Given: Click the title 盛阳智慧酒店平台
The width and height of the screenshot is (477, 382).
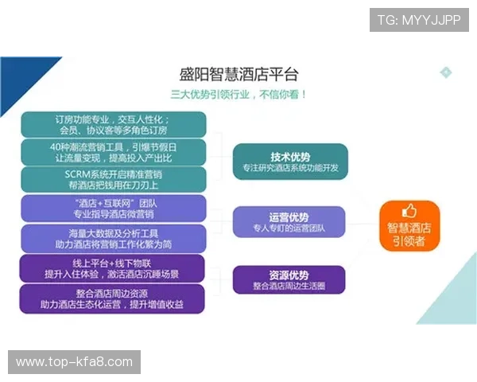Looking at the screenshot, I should pos(238,75).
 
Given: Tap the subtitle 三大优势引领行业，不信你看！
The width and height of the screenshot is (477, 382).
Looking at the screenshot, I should pos(238,94).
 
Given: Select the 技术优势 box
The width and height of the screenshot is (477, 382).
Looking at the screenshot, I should pos(289,162).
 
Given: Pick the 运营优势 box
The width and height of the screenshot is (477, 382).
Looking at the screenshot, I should pos(289,222).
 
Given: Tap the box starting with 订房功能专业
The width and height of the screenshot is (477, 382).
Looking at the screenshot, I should pos(114,124).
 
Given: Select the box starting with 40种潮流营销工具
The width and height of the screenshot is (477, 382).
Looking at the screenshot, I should pos(114,152).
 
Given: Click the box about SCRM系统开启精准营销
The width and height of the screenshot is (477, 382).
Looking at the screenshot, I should pos(114,179).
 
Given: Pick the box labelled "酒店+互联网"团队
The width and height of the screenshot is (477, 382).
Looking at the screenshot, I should pos(114,209).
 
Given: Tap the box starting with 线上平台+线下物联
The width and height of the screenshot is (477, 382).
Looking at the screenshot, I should pos(114,268).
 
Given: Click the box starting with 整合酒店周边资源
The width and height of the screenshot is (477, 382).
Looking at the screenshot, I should pos(114,298).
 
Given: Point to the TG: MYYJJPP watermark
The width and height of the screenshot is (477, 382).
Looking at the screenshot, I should pos(418,19).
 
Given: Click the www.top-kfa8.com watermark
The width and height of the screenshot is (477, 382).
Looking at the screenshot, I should pos(76,362).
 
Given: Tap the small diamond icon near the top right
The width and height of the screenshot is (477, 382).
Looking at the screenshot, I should pos(446,72).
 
